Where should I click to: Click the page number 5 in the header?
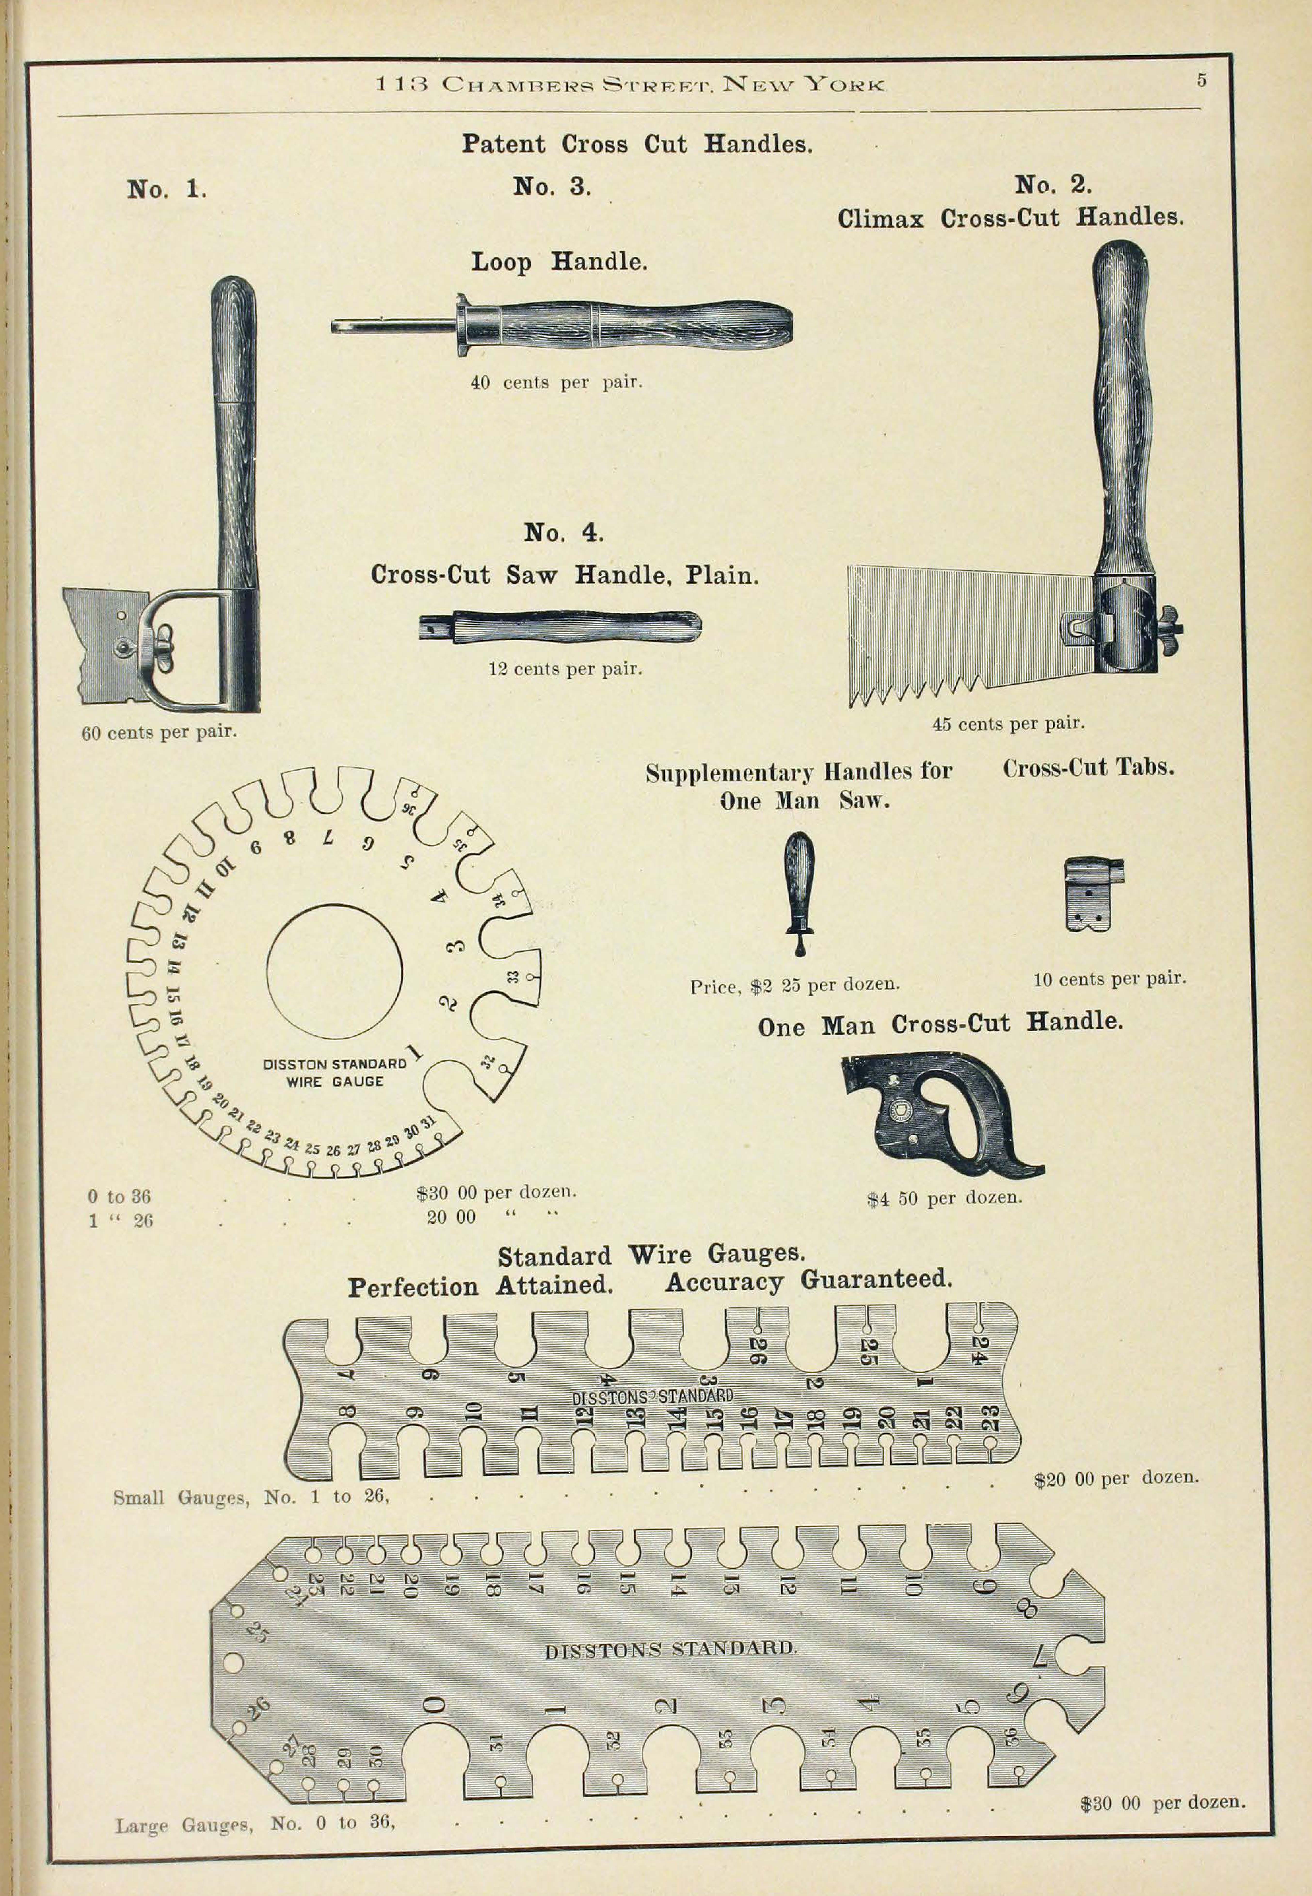click(x=1201, y=81)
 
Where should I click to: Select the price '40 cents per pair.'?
click(x=556, y=382)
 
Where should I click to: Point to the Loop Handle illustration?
click(x=562, y=327)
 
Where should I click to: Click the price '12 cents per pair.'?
click(x=565, y=669)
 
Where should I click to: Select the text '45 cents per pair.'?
click(x=1008, y=724)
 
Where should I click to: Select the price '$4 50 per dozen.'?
click(x=944, y=1198)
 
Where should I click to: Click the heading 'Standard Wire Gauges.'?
click(x=651, y=1254)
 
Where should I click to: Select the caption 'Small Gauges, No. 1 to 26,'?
click(x=251, y=1497)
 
